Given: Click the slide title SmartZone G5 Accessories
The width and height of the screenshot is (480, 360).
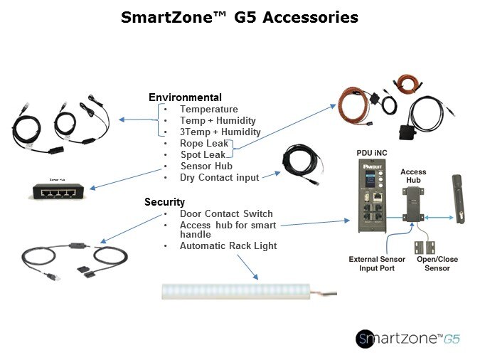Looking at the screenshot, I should pyautogui.click(x=240, y=17).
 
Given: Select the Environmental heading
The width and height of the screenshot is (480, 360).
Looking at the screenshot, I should pyautogui.click(x=185, y=97).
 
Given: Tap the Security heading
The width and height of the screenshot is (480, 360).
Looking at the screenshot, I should pyautogui.click(x=164, y=201).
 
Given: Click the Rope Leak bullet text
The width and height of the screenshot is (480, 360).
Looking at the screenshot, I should pyautogui.click(x=203, y=143).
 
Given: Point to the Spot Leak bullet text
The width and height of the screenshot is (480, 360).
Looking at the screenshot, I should pyautogui.click(x=203, y=154).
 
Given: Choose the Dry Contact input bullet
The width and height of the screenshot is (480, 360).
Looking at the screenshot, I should pyautogui.click(x=219, y=177).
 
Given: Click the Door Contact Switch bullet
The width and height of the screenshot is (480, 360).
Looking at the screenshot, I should pyautogui.click(x=226, y=213).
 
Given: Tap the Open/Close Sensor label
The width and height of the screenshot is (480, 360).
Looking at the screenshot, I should pyautogui.click(x=437, y=263).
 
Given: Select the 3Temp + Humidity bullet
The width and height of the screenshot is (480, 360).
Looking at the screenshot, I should pyautogui.click(x=220, y=132).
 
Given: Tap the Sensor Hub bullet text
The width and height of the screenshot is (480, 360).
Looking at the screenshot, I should pyautogui.click(x=206, y=166).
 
